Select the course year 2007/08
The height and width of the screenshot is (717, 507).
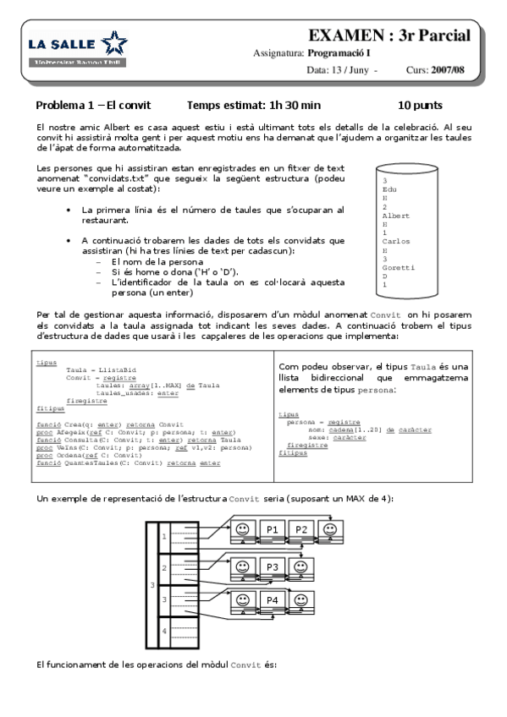coord(447,70)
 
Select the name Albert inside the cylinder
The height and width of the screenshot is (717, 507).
coord(395,216)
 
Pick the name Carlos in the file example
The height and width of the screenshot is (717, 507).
coord(395,241)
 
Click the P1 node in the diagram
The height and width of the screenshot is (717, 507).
coord(273,529)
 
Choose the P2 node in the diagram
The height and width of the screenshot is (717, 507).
coord(300,529)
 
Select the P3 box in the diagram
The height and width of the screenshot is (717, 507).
coord(273,566)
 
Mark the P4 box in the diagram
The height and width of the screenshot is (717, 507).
coord(273,601)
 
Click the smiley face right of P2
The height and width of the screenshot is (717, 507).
coord(329,529)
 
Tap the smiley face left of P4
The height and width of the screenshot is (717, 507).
coord(244,601)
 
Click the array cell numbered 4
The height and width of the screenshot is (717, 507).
coord(164,631)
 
